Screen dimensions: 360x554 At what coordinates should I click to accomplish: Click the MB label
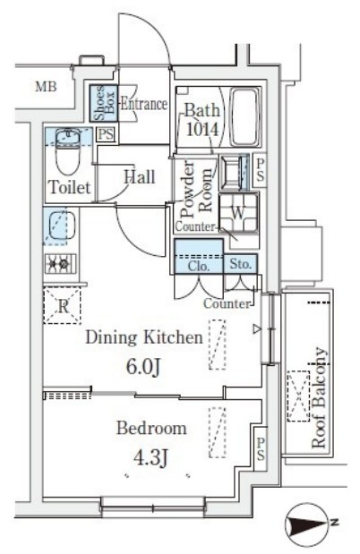pyautogui.click(x=46, y=86)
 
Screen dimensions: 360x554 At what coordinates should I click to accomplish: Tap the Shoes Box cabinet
pyautogui.click(x=104, y=103)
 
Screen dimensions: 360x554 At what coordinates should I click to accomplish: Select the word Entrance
pyautogui.click(x=144, y=104)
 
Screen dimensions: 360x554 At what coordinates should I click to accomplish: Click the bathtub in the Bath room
pyautogui.click(x=244, y=116)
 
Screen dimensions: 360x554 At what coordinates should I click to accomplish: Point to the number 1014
pyautogui.click(x=203, y=129)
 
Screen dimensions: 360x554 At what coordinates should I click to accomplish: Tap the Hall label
pyautogui.click(x=140, y=176)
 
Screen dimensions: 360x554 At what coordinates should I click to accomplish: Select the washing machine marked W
pyautogui.click(x=238, y=213)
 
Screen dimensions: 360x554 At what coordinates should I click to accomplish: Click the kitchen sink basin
pyautogui.click(x=62, y=225)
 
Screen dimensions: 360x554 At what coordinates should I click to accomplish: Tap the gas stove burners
pyautogui.click(x=60, y=263)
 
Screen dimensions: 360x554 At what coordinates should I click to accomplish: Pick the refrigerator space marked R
pyautogui.click(x=63, y=306)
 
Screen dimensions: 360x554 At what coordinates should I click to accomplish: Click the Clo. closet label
pyautogui.click(x=199, y=266)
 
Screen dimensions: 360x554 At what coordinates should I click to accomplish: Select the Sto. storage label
pyautogui.click(x=241, y=263)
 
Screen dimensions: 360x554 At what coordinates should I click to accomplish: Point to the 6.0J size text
pyautogui.click(x=143, y=368)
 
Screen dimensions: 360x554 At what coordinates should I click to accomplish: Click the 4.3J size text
pyautogui.click(x=150, y=458)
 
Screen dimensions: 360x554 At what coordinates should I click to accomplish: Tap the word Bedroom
pyautogui.click(x=151, y=429)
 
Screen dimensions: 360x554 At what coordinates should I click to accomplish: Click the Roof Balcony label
pyautogui.click(x=319, y=397)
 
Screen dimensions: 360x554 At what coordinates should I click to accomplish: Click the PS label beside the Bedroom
pyautogui.click(x=261, y=448)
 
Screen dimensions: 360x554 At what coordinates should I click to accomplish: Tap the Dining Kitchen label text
pyautogui.click(x=144, y=337)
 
